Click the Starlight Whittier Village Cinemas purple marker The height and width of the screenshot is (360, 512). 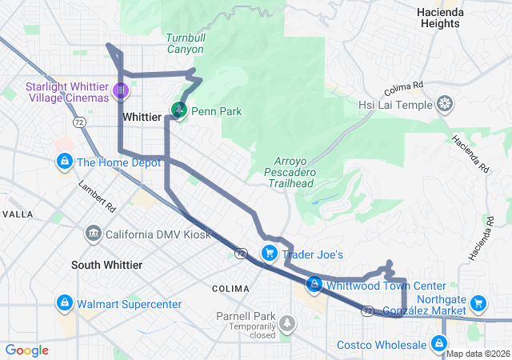coord(121,91)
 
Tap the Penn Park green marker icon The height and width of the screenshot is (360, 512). coord(180,109)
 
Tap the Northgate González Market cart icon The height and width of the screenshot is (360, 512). coord(478,302)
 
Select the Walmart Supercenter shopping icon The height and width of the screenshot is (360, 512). coord(63,303)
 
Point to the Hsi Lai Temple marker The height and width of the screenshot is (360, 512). coord(444,105)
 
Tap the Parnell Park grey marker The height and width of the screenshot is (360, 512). coord(286,324)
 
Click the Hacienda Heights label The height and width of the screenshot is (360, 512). coord(438,18)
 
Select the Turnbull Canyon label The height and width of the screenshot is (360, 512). coord(185,43)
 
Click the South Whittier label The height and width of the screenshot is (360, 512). coord(106,265)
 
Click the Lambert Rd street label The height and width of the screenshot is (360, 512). coord(97,196)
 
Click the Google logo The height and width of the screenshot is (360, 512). coord(27,350)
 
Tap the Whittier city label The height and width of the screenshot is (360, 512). coord(142,117)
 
